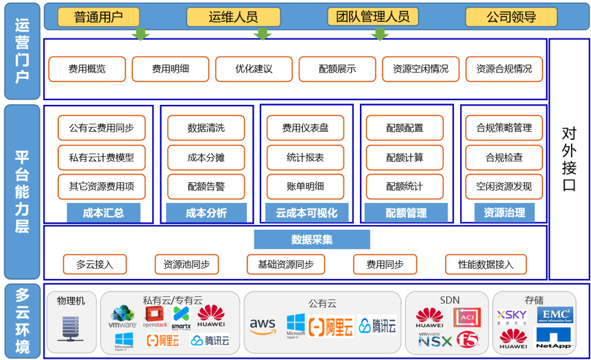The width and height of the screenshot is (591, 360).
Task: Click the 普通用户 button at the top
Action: coord(99,17)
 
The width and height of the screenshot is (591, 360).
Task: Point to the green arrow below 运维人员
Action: coord(262,34)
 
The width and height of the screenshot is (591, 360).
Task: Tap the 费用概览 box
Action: coord(87,69)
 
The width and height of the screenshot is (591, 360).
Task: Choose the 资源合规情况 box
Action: coord(503,69)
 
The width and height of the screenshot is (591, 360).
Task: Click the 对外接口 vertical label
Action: coord(568,159)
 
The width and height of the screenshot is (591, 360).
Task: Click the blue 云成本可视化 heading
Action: coord(306,213)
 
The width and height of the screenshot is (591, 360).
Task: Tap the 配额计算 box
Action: coord(405,157)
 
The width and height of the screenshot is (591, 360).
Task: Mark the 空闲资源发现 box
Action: coord(503,186)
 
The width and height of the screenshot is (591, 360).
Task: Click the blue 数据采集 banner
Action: coord(311,239)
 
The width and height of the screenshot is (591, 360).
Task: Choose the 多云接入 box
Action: coord(95,264)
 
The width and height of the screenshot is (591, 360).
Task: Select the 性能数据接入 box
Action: coord(485,264)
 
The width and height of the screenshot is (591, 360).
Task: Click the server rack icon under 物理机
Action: coord(71,328)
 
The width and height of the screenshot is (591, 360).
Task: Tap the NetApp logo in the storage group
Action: coord(554,339)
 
